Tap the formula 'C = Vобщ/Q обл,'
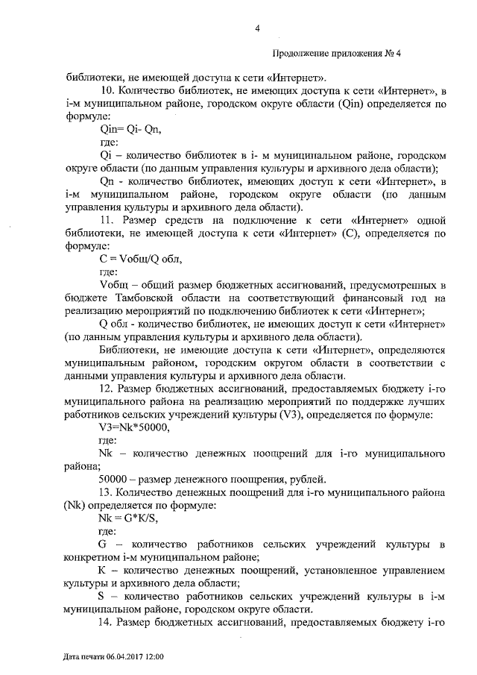click(140, 260)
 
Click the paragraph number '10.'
click(109, 92)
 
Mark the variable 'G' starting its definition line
click(103, 544)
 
